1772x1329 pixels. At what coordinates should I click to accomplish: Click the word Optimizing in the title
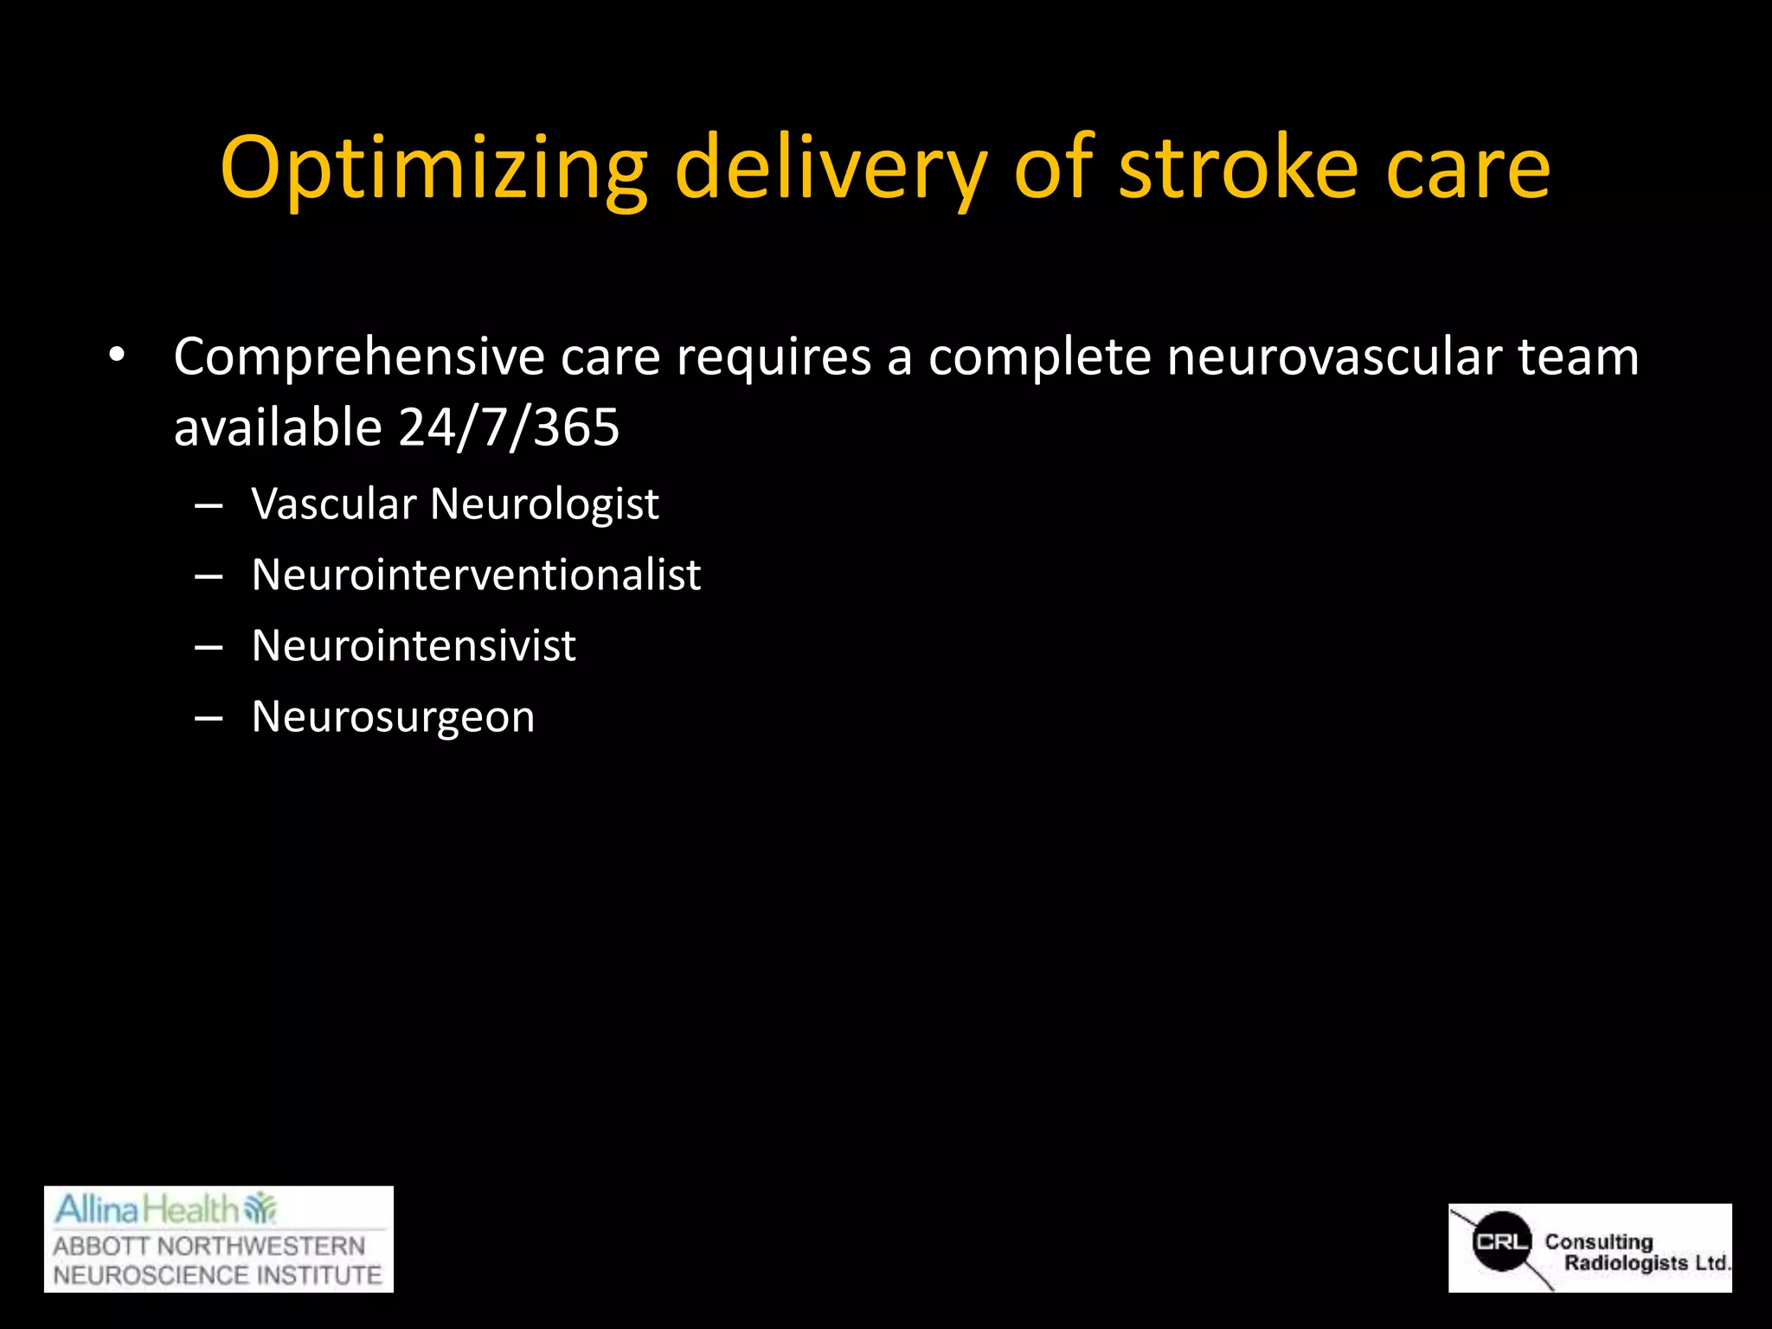tap(433, 169)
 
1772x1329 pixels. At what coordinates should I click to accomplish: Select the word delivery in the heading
tap(831, 169)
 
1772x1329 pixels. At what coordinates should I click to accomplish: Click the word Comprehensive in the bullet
tap(359, 357)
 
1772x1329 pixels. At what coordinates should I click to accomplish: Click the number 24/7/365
tap(509, 427)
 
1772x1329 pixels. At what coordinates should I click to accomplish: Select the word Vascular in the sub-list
tap(334, 504)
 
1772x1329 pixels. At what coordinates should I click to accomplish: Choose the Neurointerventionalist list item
tap(476, 575)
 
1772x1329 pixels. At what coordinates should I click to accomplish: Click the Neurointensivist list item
tap(414, 645)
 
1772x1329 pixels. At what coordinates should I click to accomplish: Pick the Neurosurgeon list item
tap(393, 717)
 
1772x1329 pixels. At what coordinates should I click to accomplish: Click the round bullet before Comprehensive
tap(117, 356)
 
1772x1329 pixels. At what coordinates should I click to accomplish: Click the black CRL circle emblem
tap(1502, 1242)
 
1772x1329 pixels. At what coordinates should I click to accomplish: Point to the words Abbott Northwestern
tap(209, 1246)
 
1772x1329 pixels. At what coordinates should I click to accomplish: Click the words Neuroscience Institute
tap(217, 1275)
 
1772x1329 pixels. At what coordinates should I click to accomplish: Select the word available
tap(278, 427)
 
